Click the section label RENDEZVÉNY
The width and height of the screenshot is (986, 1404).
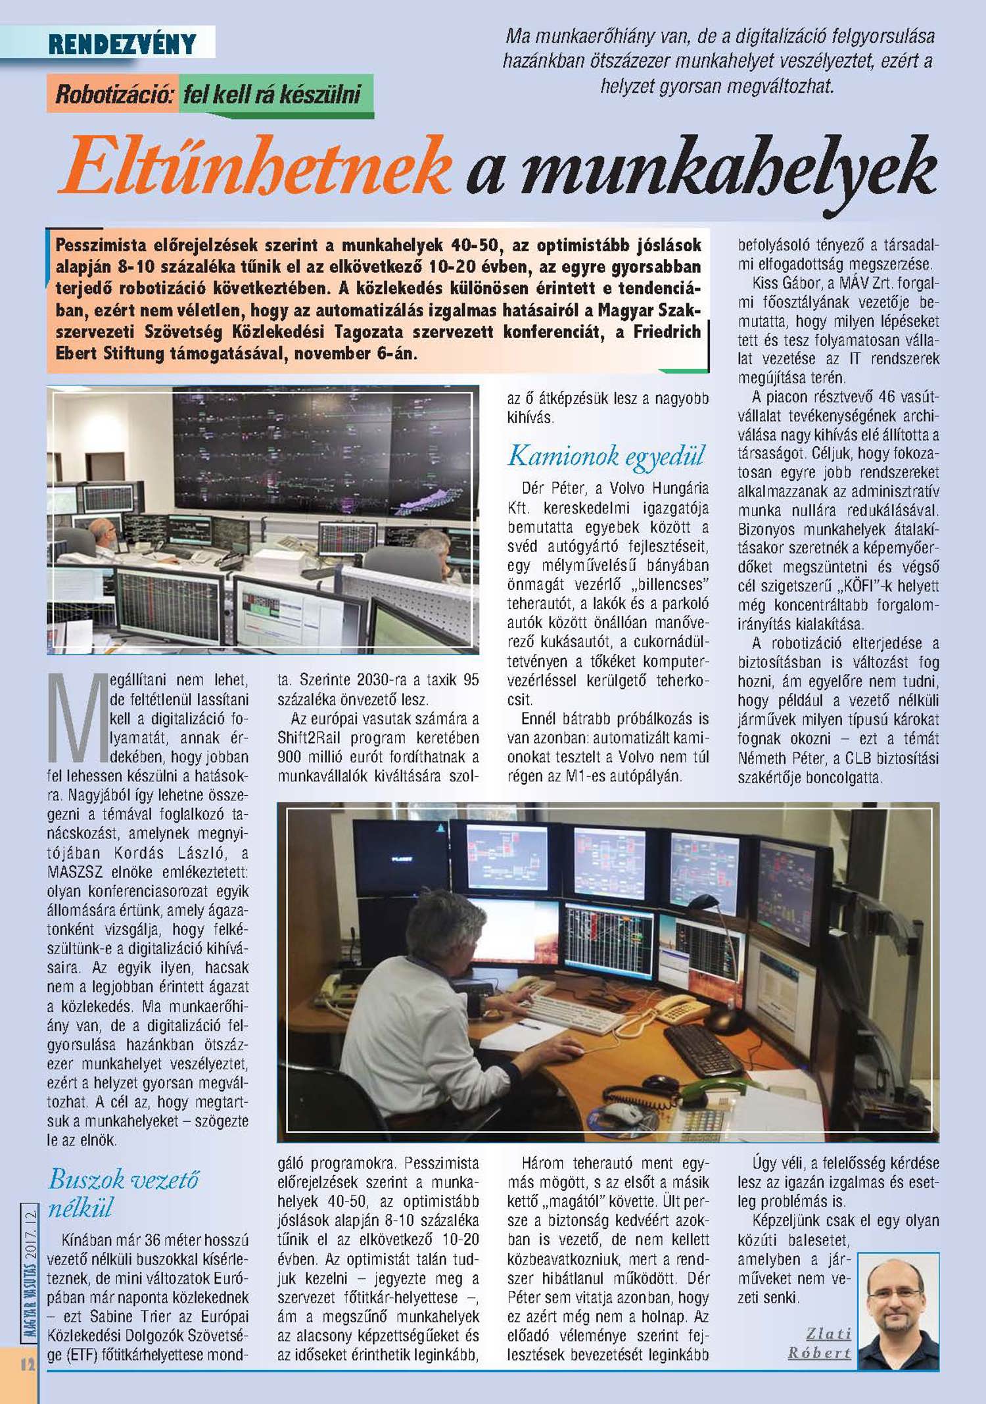point(122,44)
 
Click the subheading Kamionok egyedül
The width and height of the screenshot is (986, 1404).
point(605,455)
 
